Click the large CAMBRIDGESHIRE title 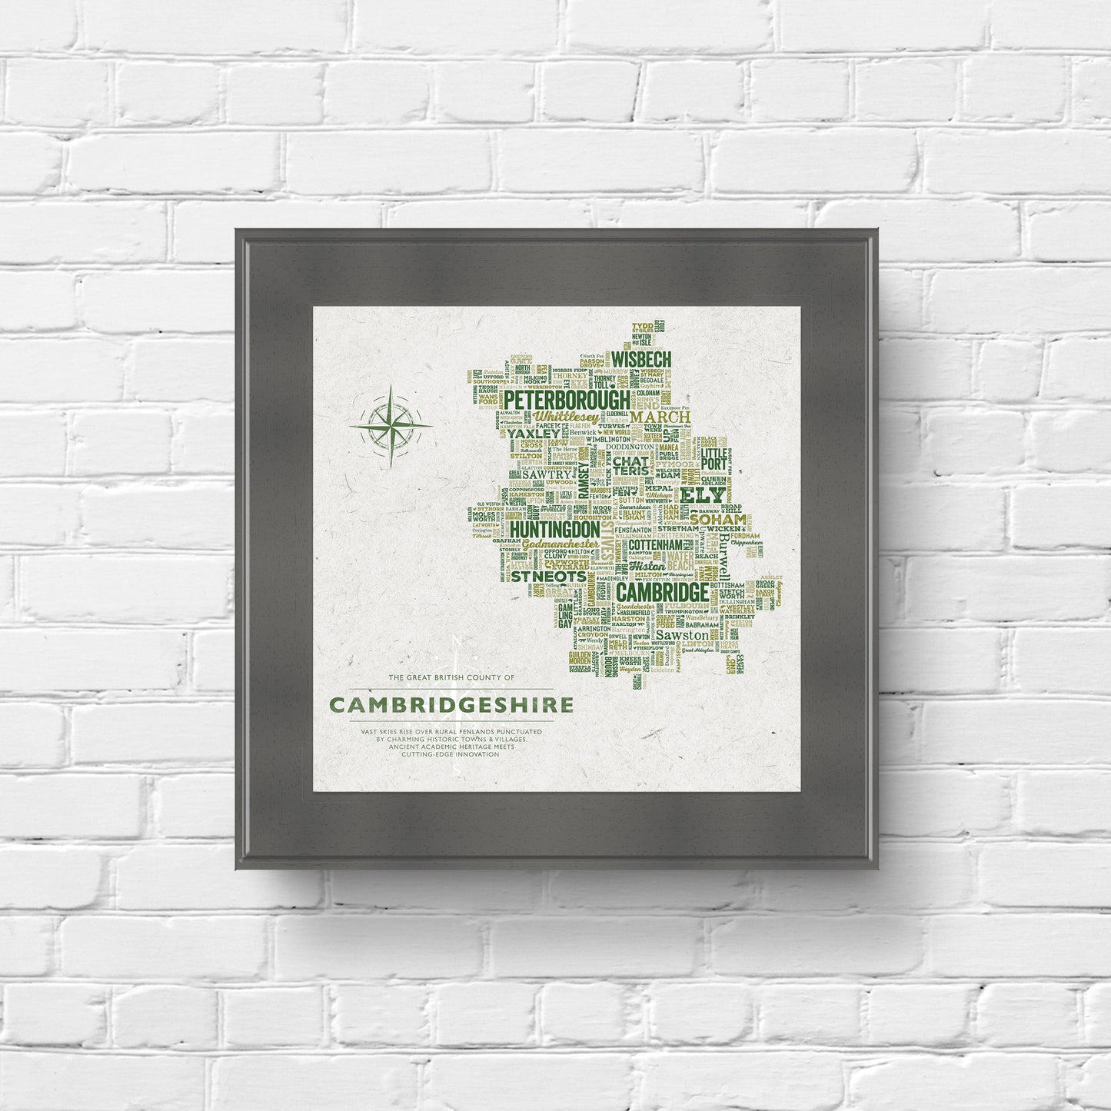pyautogui.click(x=451, y=705)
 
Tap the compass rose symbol pyautogui.click(x=391, y=425)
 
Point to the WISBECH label pyautogui.click(x=643, y=358)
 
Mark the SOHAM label pyautogui.click(x=717, y=520)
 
